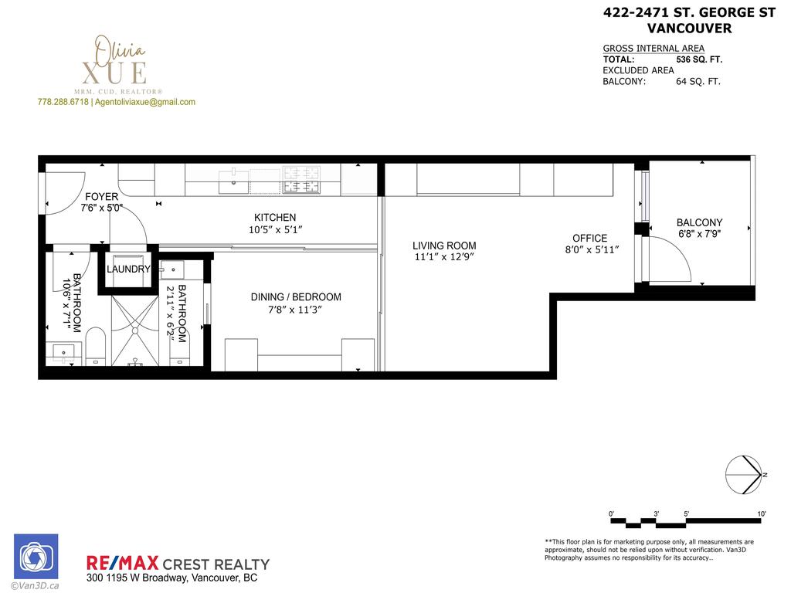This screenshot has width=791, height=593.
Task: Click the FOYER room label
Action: point(102,197)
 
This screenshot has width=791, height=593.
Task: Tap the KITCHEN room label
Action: point(275,218)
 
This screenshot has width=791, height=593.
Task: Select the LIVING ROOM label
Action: point(444,246)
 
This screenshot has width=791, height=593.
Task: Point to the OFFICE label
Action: point(590,238)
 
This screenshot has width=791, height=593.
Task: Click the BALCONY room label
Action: point(699,222)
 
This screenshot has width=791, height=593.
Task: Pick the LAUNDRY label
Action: point(128,269)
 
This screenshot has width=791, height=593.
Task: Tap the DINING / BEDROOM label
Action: point(296,297)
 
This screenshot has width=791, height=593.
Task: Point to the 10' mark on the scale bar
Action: point(761,514)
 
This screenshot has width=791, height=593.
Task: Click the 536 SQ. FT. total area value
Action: point(700,59)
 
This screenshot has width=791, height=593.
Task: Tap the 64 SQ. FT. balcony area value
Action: point(698,81)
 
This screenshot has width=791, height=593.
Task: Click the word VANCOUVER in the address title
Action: point(689,29)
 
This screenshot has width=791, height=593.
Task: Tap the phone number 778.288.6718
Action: point(63,102)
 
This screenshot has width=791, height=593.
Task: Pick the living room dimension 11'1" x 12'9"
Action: point(444,258)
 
